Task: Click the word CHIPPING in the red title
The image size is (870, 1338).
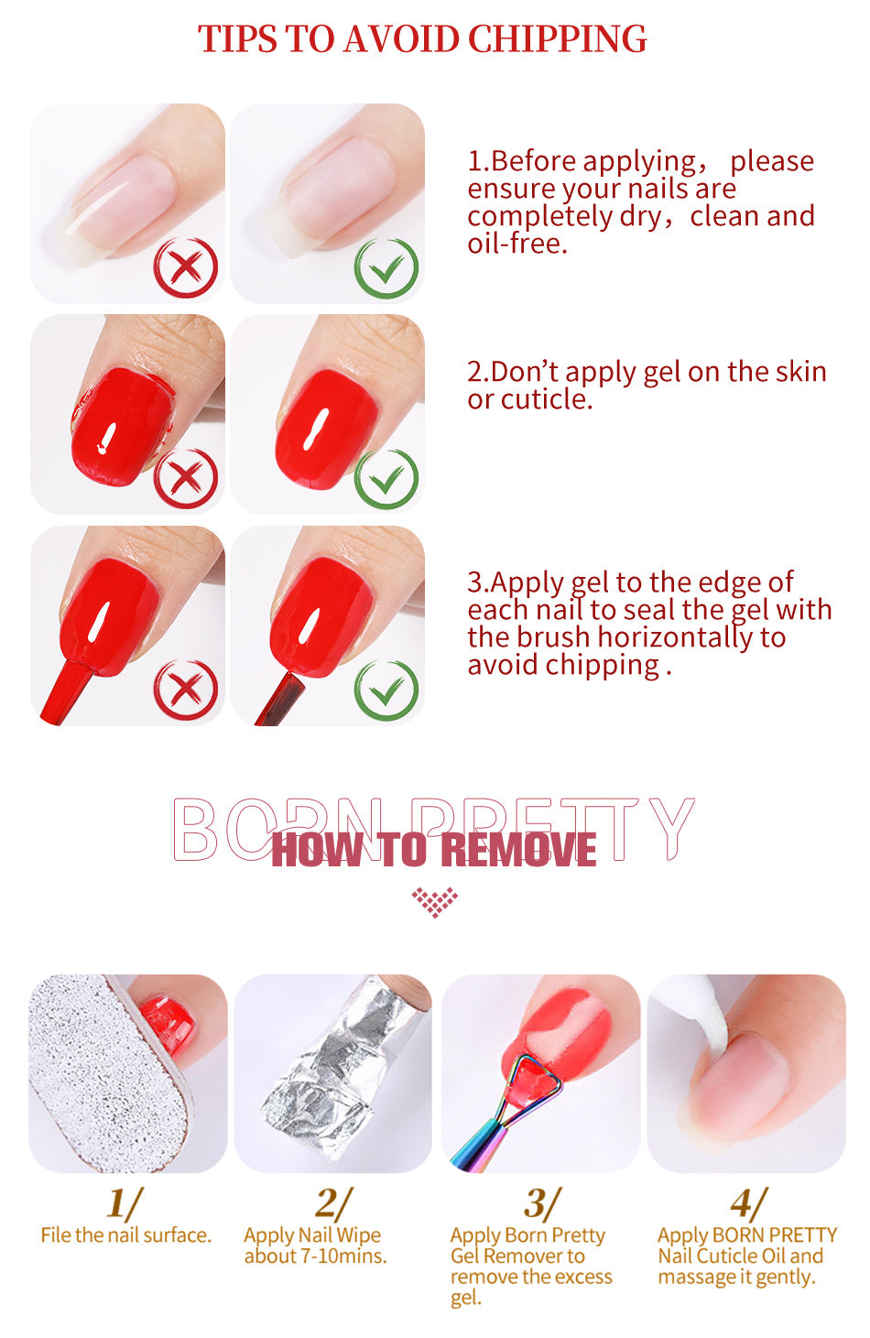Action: (x=557, y=39)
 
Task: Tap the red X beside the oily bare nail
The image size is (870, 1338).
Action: (x=186, y=267)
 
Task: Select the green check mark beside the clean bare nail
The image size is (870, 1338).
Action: (x=386, y=268)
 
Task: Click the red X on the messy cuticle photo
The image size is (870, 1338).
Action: (x=186, y=478)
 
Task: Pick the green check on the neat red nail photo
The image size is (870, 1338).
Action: (x=386, y=479)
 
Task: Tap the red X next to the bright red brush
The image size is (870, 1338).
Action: (x=186, y=690)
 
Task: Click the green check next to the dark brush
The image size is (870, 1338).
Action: (x=386, y=691)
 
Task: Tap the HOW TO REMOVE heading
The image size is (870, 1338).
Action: (x=434, y=849)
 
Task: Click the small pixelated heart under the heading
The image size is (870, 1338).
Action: (x=435, y=901)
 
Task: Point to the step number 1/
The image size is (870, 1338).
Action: (x=125, y=1202)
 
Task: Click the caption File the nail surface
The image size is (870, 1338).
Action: (x=126, y=1235)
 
